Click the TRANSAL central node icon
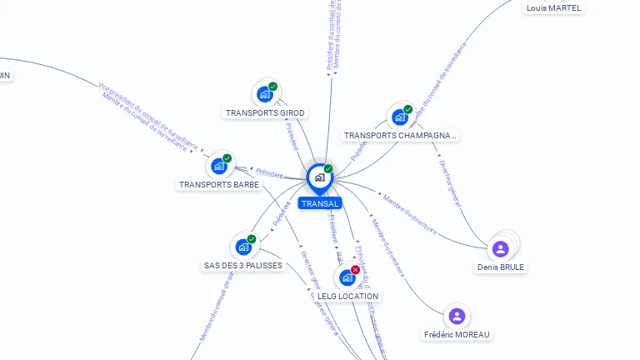[x=319, y=177]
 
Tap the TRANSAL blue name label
[x=320, y=204]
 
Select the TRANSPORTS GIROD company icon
[x=265, y=94]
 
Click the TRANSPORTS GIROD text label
[x=265, y=113]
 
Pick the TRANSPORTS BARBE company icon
[x=219, y=166]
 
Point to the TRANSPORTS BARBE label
[x=219, y=185]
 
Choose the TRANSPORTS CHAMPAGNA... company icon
[x=400, y=117]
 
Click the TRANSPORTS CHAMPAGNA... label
[x=400, y=136]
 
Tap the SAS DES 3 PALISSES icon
[x=243, y=247]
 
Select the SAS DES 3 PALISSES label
[x=243, y=266]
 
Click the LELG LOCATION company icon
[x=347, y=277]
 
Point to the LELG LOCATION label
[x=347, y=297]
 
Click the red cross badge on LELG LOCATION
[x=356, y=269]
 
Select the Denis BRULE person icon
[x=500, y=248]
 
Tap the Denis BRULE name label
[x=501, y=267]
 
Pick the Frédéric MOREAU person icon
[x=456, y=316]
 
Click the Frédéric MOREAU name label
[x=457, y=335]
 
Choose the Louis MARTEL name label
[x=554, y=8]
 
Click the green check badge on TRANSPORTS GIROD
[x=272, y=87]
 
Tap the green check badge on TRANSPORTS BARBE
[x=227, y=158]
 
